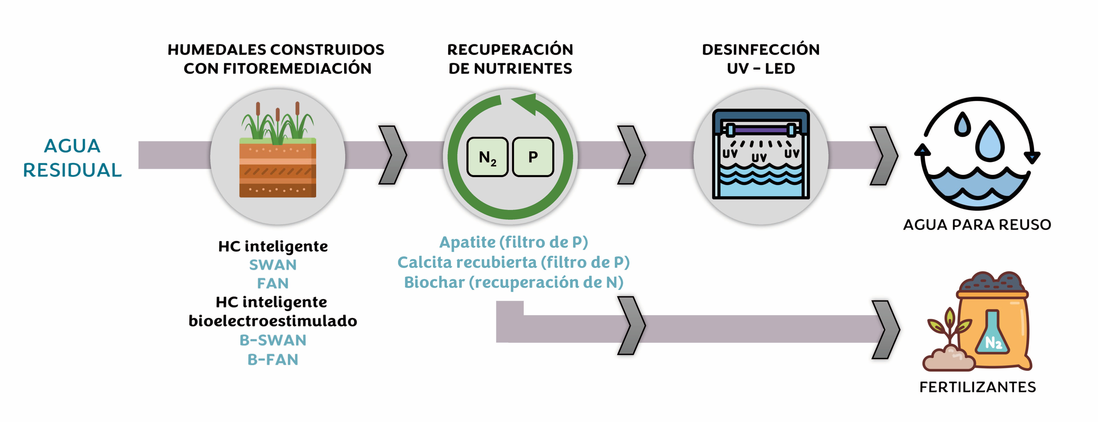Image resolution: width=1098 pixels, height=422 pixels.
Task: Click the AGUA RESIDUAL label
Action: click(x=72, y=158)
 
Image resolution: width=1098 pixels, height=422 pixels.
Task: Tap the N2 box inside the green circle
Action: click(x=487, y=157)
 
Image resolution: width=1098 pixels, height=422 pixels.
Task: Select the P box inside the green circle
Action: click(x=533, y=157)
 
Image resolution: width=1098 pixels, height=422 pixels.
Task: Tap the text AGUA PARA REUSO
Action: click(x=977, y=225)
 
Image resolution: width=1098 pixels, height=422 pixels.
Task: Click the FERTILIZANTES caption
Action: click(x=977, y=387)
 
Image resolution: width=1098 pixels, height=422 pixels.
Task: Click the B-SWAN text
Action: click(x=273, y=340)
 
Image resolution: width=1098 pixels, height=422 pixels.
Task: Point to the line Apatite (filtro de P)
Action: click(x=514, y=242)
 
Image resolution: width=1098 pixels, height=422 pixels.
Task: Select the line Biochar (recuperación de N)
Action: click(x=514, y=282)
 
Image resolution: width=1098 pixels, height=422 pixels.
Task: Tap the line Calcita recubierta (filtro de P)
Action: click(x=514, y=262)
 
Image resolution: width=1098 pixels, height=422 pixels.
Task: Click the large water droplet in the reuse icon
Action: click(x=990, y=141)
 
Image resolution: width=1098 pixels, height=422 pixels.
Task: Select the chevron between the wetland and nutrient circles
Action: click(x=392, y=155)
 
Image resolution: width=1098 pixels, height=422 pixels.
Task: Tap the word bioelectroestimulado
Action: click(x=273, y=321)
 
